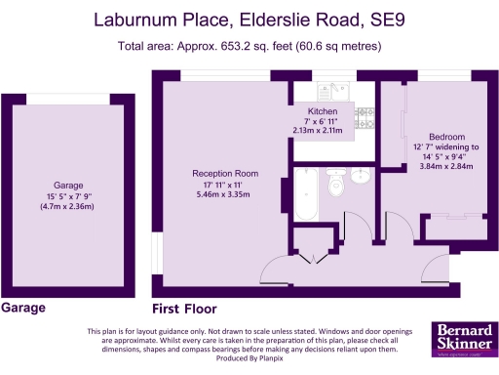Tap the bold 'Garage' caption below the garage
point(23,309)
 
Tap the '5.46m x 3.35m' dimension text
point(221,195)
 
